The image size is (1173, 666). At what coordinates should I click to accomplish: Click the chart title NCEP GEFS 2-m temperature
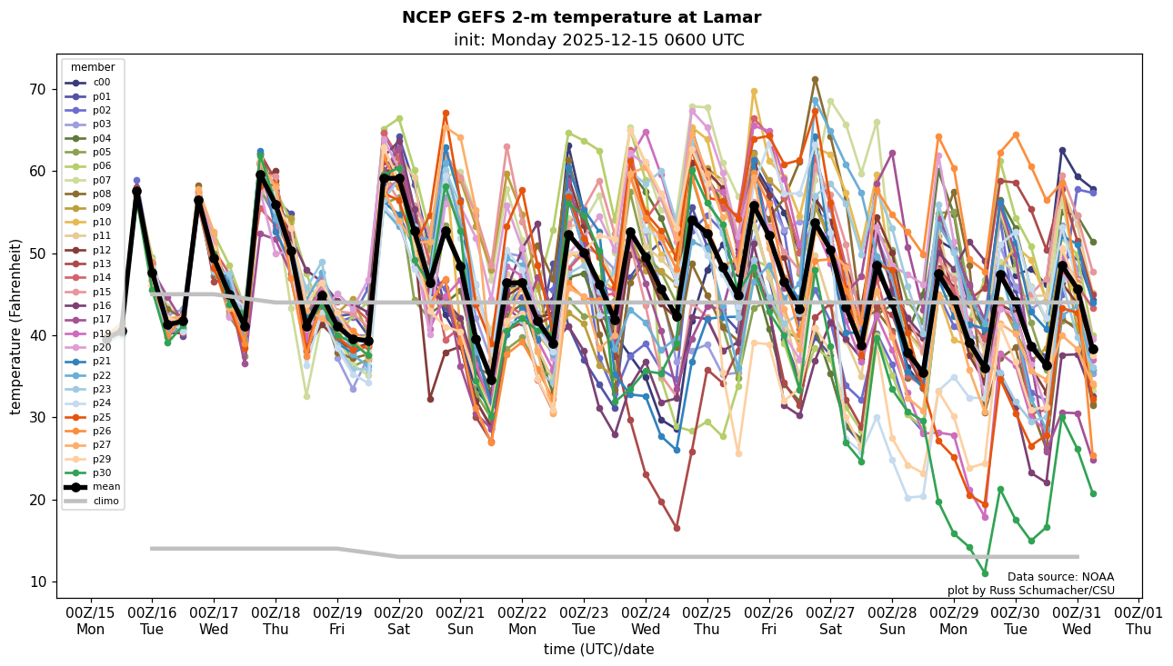point(581,17)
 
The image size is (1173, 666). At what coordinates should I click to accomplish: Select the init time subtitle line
point(598,40)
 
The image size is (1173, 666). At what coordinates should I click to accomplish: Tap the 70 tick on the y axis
point(38,89)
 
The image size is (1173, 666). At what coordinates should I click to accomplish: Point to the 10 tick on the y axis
point(38,582)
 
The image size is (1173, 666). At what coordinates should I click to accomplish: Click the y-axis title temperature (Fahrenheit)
point(16,326)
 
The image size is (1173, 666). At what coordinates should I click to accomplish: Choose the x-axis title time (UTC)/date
point(598,650)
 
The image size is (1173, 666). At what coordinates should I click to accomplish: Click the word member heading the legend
point(93,67)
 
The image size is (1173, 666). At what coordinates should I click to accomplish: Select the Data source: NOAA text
point(1060,577)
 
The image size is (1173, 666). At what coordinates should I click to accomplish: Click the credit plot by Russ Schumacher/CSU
point(1030,591)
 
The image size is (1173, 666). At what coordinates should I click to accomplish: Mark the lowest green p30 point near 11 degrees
point(985,573)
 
